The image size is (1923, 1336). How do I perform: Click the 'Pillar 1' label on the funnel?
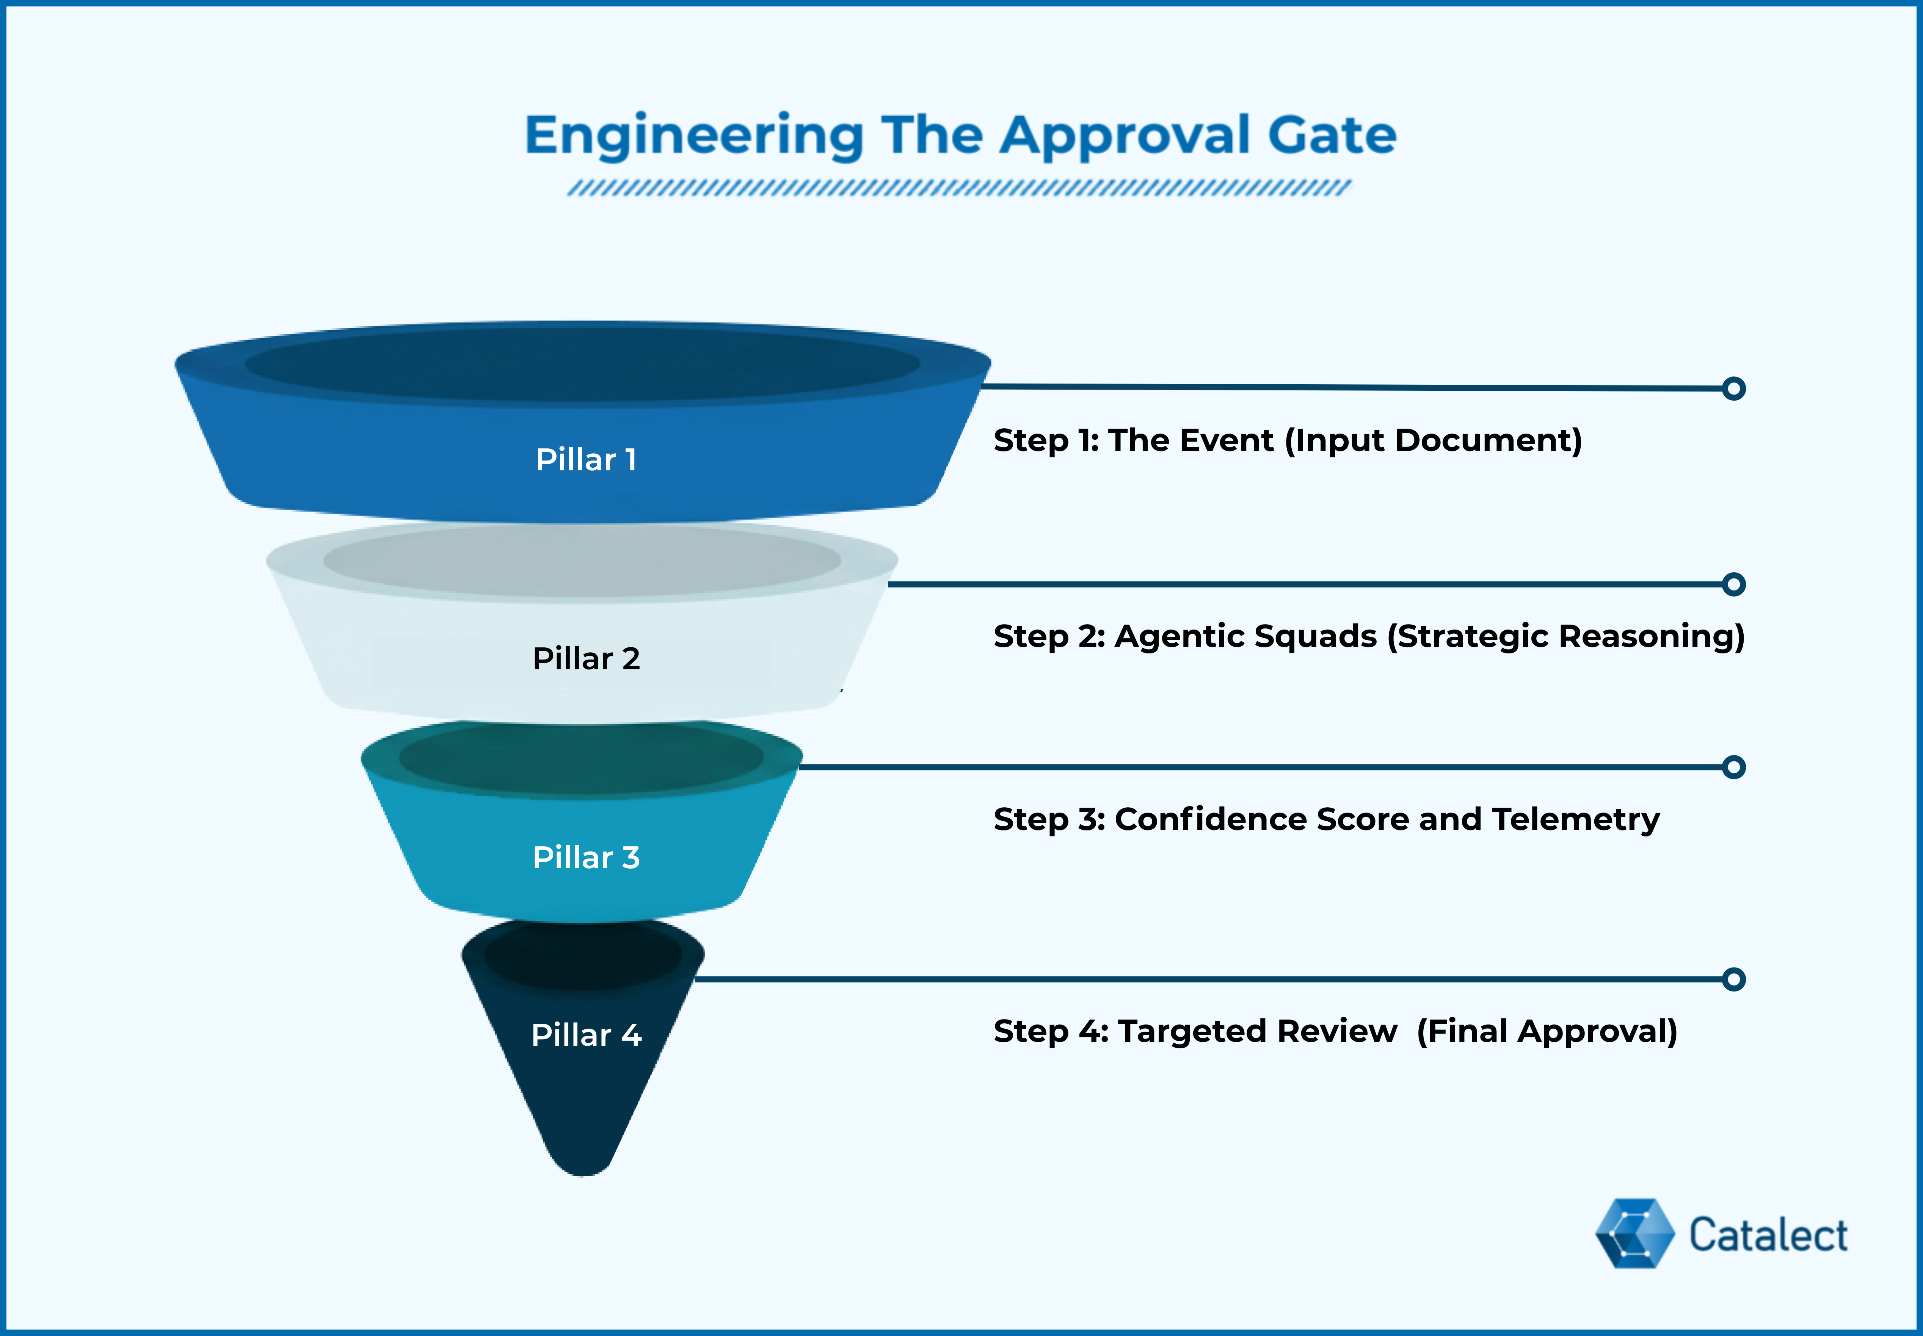point(586,460)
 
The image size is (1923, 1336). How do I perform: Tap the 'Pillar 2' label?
point(586,659)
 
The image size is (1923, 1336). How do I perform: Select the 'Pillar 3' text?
point(586,857)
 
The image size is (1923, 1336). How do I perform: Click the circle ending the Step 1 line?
point(1734,388)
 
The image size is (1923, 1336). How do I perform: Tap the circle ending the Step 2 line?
point(1734,584)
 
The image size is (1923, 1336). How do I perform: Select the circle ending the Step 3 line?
point(1734,767)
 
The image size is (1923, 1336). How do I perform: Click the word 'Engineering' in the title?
point(694,136)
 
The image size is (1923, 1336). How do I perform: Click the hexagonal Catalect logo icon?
point(1634,1233)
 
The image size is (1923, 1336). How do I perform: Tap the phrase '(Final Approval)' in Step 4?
point(1547,1031)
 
